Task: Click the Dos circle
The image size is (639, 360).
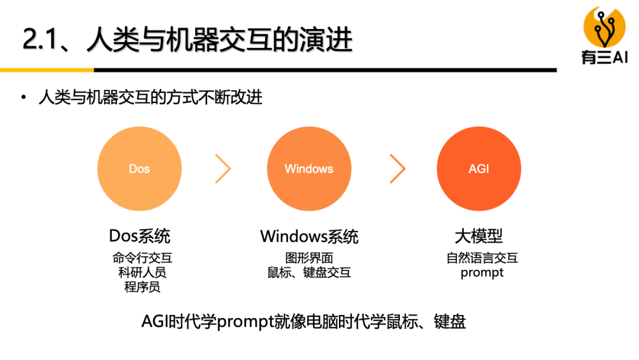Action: click(139, 169)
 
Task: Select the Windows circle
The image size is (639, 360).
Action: click(309, 169)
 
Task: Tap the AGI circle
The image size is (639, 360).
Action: click(479, 169)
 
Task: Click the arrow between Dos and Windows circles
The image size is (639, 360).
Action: click(223, 169)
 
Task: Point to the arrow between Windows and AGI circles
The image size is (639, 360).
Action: click(398, 169)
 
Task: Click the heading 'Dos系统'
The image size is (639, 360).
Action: click(140, 236)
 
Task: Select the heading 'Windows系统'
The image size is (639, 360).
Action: click(309, 237)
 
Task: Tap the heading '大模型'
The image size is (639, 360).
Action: click(479, 236)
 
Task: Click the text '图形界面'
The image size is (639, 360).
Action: click(309, 258)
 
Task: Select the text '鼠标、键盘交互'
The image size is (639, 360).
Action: click(309, 272)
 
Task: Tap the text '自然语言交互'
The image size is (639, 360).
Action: click(482, 258)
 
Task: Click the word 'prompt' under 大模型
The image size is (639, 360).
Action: click(482, 273)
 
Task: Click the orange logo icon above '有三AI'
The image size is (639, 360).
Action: click(605, 27)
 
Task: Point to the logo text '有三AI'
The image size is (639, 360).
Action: click(605, 57)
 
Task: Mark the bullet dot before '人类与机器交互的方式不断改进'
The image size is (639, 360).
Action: click(24, 97)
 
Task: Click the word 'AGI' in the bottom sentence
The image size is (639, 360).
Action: click(155, 322)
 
